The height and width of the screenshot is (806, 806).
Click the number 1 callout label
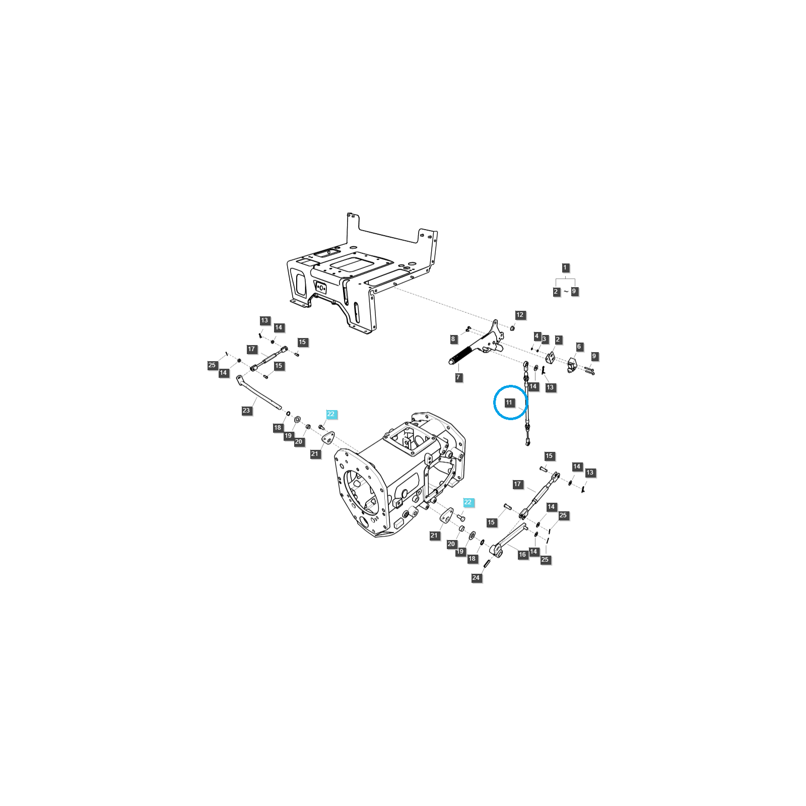click(x=565, y=268)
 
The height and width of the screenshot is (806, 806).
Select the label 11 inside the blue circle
click(x=509, y=402)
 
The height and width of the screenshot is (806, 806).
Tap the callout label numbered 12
click(x=520, y=315)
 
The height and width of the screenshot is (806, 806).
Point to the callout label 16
click(x=522, y=555)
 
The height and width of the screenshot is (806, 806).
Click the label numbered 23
click(x=246, y=411)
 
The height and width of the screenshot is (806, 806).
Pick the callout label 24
click(x=476, y=578)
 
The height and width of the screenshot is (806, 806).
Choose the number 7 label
click(x=458, y=377)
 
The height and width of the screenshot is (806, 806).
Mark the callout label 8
click(x=453, y=339)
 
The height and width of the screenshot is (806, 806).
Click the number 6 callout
click(x=579, y=347)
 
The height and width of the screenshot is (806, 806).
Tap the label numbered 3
click(x=544, y=339)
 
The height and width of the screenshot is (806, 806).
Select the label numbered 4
click(x=536, y=336)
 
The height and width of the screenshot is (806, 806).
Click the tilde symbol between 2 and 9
click(x=566, y=292)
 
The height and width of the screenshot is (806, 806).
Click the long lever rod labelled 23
click(x=258, y=393)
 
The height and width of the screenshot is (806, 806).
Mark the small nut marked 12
click(x=512, y=328)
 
